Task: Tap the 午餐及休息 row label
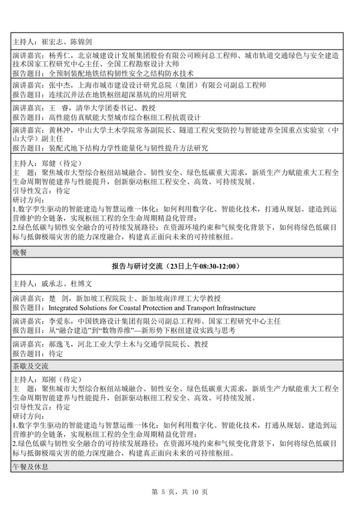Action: (x=27, y=467)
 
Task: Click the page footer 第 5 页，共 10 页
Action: (x=179, y=492)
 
